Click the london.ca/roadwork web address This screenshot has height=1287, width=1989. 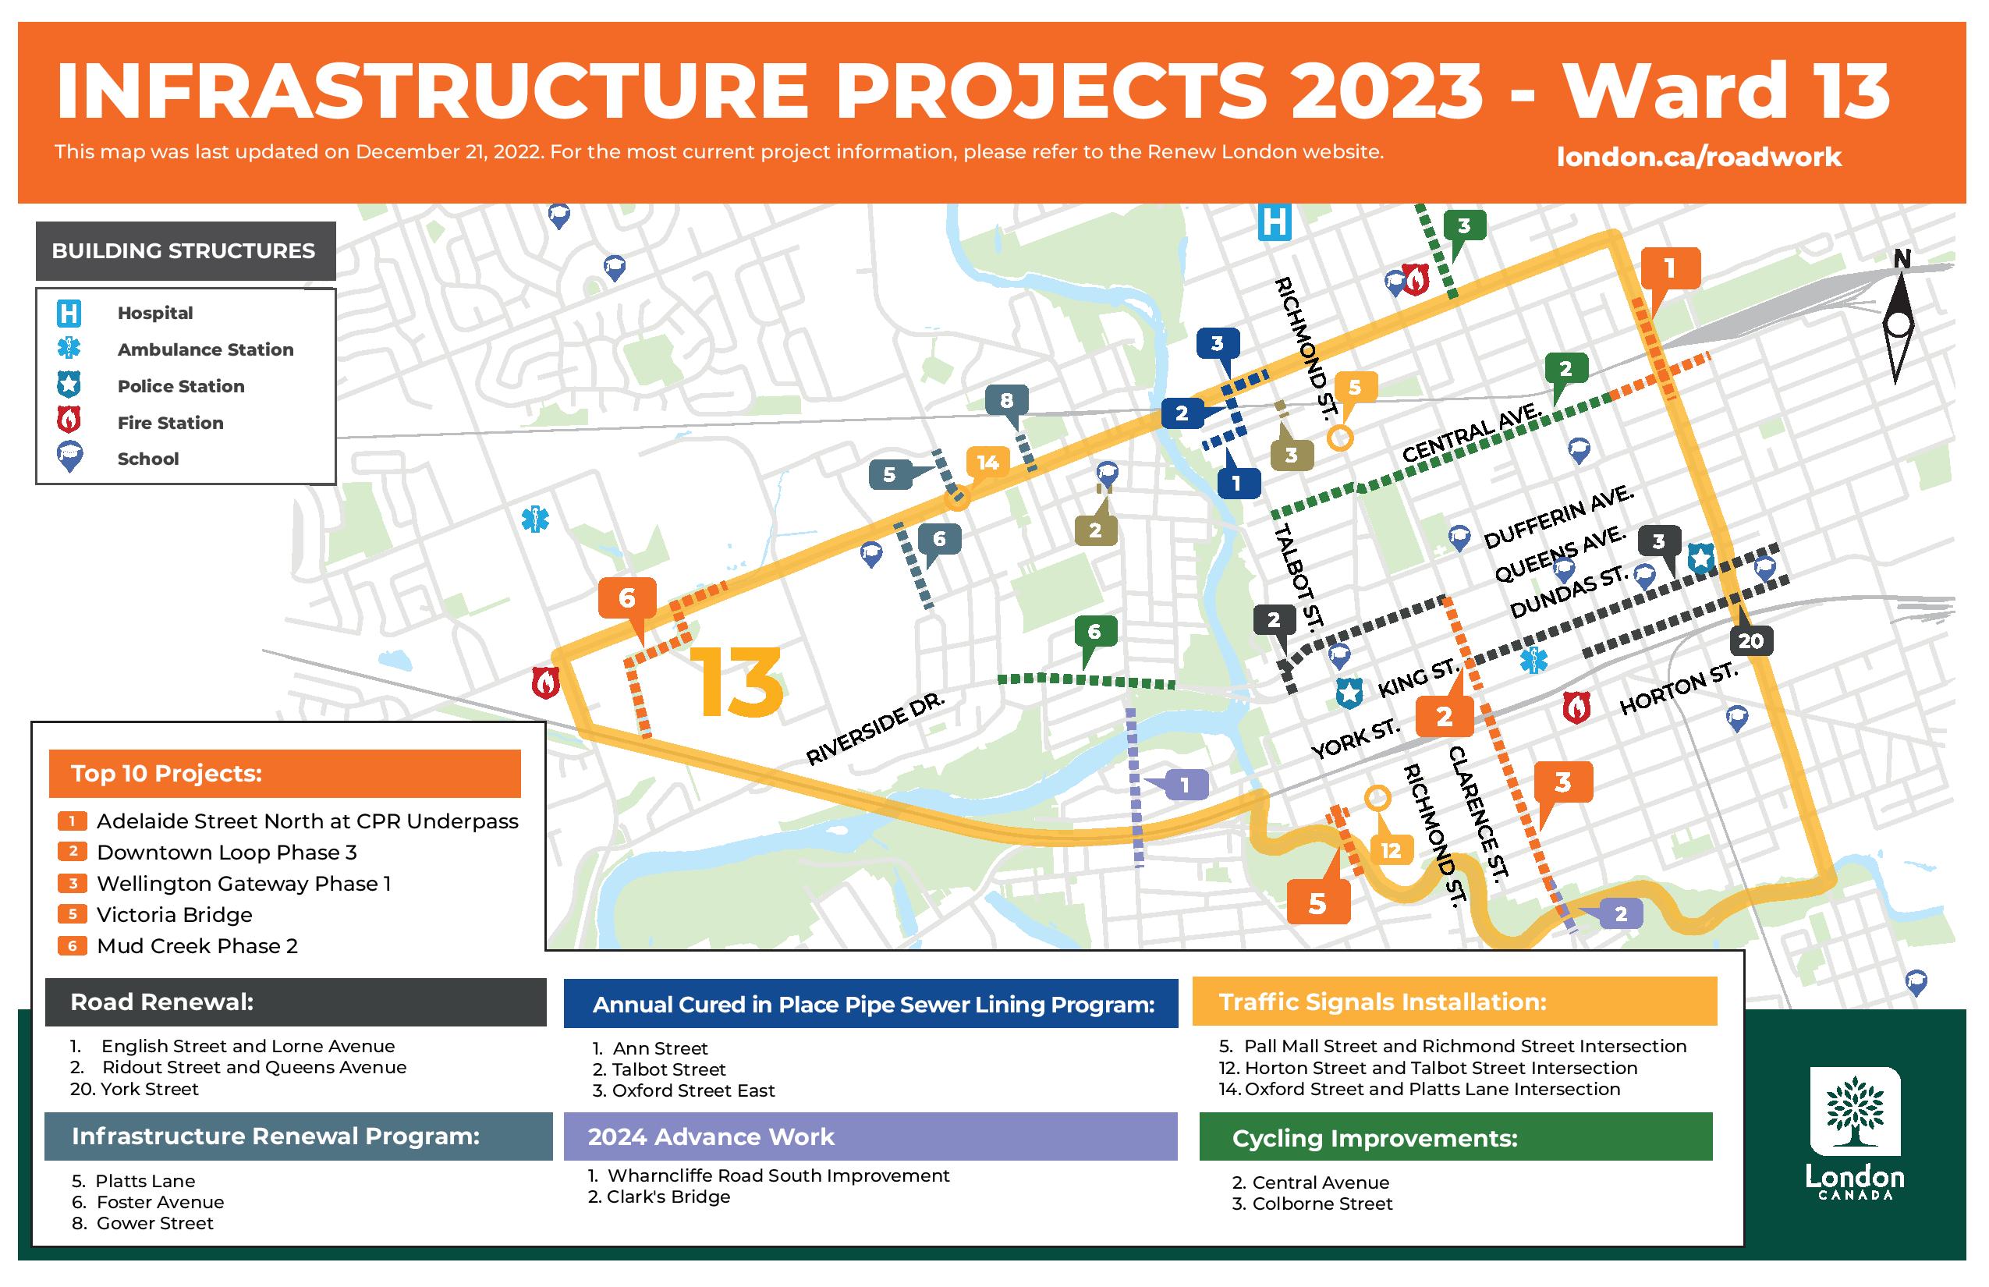pyautogui.click(x=1698, y=156)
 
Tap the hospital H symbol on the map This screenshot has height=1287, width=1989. pyautogui.click(x=1275, y=222)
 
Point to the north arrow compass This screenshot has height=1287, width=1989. pyautogui.click(x=1899, y=317)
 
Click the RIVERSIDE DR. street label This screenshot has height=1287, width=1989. pyautogui.click(x=875, y=728)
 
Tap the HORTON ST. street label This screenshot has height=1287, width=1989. pyautogui.click(x=1678, y=690)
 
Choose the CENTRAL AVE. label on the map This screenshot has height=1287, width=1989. pyautogui.click(x=1473, y=432)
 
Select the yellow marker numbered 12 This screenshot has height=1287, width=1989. pyautogui.click(x=1391, y=849)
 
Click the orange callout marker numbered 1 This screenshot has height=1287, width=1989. pyautogui.click(x=1669, y=269)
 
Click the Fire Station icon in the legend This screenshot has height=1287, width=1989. pyautogui.click(x=69, y=420)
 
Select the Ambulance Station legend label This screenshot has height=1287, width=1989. pyautogui.click(x=206, y=349)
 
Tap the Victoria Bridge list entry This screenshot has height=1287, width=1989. pyautogui.click(x=175, y=914)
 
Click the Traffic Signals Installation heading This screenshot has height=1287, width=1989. pyautogui.click(x=1382, y=1002)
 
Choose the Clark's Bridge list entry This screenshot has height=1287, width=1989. pyautogui.click(x=658, y=1197)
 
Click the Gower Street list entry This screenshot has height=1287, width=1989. pyautogui.click(x=143, y=1224)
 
